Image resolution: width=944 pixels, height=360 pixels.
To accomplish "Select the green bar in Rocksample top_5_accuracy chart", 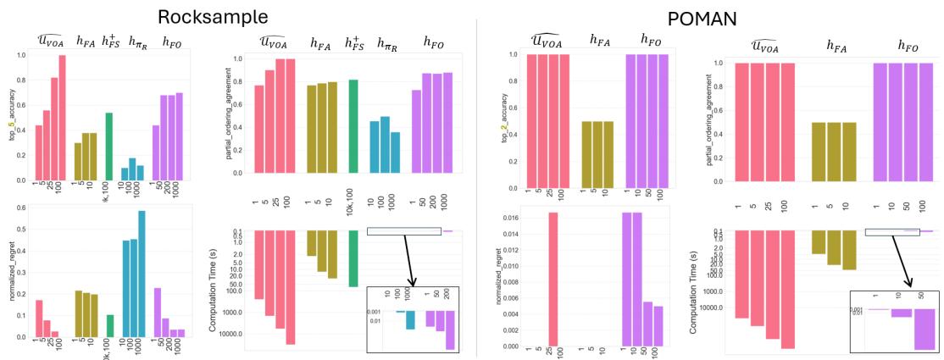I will [x=108, y=147].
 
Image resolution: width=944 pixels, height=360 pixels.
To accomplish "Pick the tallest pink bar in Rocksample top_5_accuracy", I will [x=62, y=118].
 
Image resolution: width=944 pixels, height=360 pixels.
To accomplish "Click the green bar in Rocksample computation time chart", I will [x=354, y=258].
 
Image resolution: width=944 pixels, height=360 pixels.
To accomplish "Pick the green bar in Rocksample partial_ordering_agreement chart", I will [x=354, y=126].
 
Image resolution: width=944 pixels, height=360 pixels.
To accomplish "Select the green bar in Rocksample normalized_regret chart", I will [x=108, y=326].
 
